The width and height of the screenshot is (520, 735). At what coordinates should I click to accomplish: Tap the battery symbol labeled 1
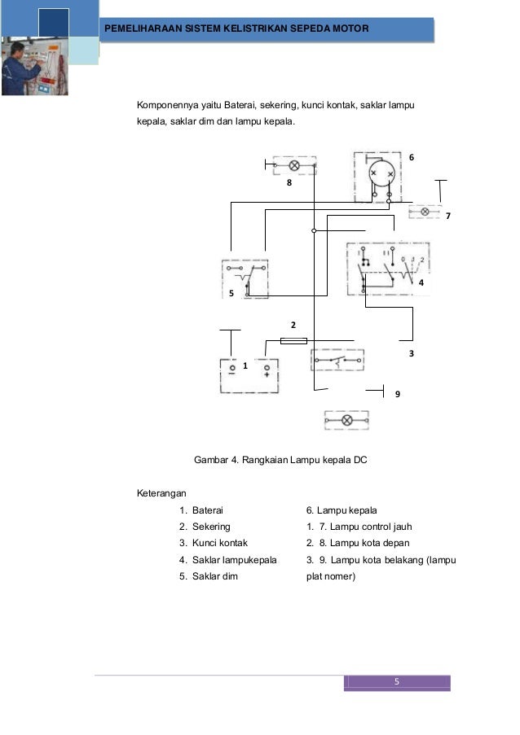coord(249,374)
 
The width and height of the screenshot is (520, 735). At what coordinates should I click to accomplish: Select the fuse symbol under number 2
coord(293,340)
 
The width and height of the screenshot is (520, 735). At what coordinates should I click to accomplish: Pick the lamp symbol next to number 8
coord(294,166)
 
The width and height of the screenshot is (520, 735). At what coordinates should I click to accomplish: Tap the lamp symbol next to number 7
coord(424,212)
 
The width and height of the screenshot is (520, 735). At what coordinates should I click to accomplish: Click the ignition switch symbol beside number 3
coord(337,359)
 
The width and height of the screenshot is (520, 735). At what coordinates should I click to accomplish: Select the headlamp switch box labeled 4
coord(388,267)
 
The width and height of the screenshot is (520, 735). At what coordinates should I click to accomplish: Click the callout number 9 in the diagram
coord(398,394)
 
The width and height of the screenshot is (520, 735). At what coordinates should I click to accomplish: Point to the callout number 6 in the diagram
coord(412,156)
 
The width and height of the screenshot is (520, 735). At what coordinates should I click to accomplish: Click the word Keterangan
coord(161,493)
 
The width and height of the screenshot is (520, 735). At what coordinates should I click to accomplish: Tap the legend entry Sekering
coord(211,527)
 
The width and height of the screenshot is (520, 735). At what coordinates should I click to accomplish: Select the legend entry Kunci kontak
coord(219,543)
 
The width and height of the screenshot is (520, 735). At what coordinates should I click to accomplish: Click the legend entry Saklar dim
coord(214,576)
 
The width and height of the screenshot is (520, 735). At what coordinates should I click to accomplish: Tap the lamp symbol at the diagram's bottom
coord(346,420)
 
